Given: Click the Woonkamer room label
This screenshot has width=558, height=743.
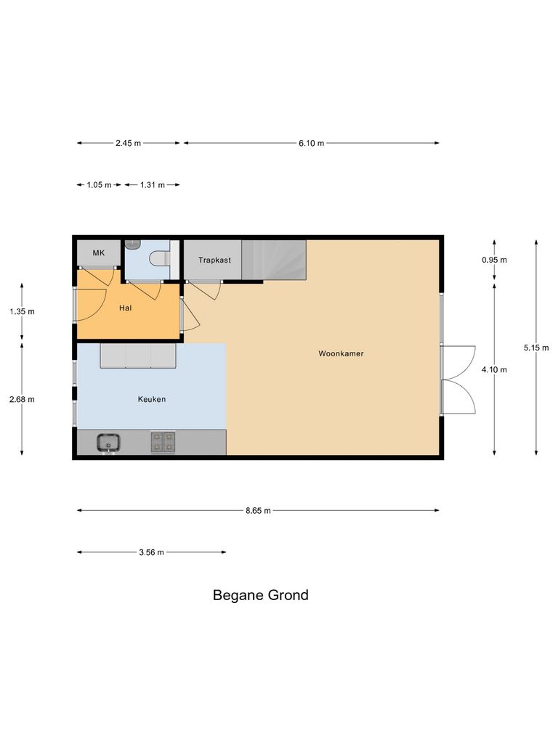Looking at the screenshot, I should [x=341, y=354].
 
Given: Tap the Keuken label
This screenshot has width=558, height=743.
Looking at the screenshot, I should [x=152, y=399].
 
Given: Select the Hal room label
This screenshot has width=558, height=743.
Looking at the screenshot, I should [x=125, y=308].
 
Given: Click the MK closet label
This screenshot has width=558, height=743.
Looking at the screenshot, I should [x=98, y=253].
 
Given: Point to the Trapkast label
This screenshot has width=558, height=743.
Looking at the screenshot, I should [x=214, y=259].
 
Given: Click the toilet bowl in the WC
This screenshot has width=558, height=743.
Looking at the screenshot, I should [x=159, y=258].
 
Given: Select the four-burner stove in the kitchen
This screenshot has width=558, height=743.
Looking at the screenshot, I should [x=163, y=441].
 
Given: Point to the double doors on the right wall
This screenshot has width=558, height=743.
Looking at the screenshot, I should [x=458, y=379].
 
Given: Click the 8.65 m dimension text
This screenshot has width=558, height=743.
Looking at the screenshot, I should [x=258, y=511].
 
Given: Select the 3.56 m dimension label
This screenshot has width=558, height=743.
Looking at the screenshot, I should [x=151, y=552].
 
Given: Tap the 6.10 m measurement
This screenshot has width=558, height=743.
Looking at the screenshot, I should [x=311, y=143].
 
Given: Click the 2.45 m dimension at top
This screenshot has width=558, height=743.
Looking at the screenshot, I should [x=128, y=143].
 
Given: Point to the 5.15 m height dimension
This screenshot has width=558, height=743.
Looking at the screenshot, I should [x=536, y=348].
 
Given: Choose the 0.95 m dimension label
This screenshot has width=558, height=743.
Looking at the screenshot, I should [x=494, y=260].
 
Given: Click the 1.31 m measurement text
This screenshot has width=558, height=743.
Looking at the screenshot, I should [x=152, y=185].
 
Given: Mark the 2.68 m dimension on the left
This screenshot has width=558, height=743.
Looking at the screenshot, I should [x=22, y=399].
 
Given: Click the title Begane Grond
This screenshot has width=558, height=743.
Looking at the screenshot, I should [x=260, y=596].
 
